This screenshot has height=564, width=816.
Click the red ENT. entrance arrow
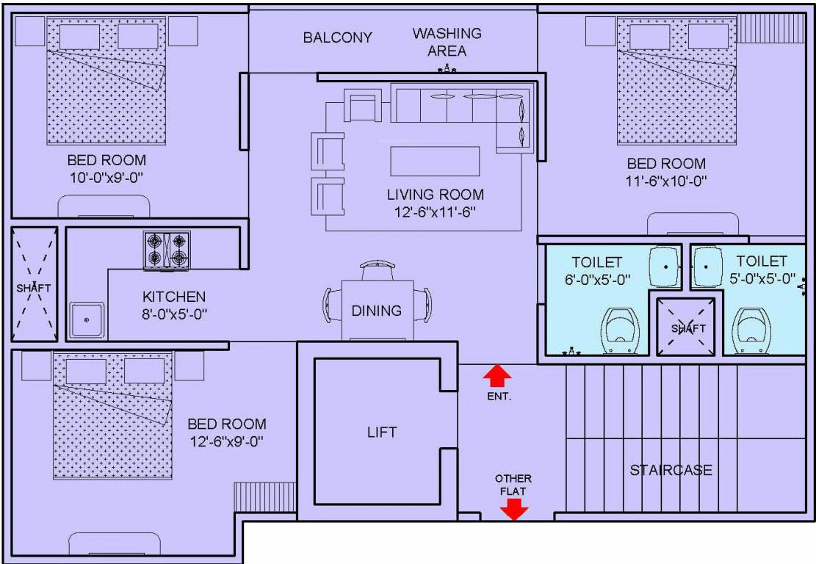(497, 377)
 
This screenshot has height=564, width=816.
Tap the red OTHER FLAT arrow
(513, 509)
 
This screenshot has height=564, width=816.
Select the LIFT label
(381, 432)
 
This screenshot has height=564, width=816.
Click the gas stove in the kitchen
(166, 250)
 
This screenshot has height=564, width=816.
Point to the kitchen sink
(87, 320)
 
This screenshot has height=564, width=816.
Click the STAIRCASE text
(671, 470)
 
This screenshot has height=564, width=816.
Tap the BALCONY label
(338, 37)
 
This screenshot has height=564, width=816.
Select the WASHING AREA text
(447, 42)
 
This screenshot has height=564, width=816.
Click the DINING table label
(376, 311)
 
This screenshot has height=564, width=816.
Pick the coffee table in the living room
(435, 162)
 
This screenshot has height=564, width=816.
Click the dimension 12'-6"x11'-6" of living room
(436, 212)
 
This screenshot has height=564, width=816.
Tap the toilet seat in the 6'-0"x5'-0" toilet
(621, 329)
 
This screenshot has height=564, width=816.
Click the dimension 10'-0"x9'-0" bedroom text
(106, 177)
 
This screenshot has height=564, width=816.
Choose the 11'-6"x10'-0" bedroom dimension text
(666, 181)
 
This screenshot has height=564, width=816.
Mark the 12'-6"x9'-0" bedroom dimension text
(226, 441)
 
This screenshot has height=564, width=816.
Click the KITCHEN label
(174, 297)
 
